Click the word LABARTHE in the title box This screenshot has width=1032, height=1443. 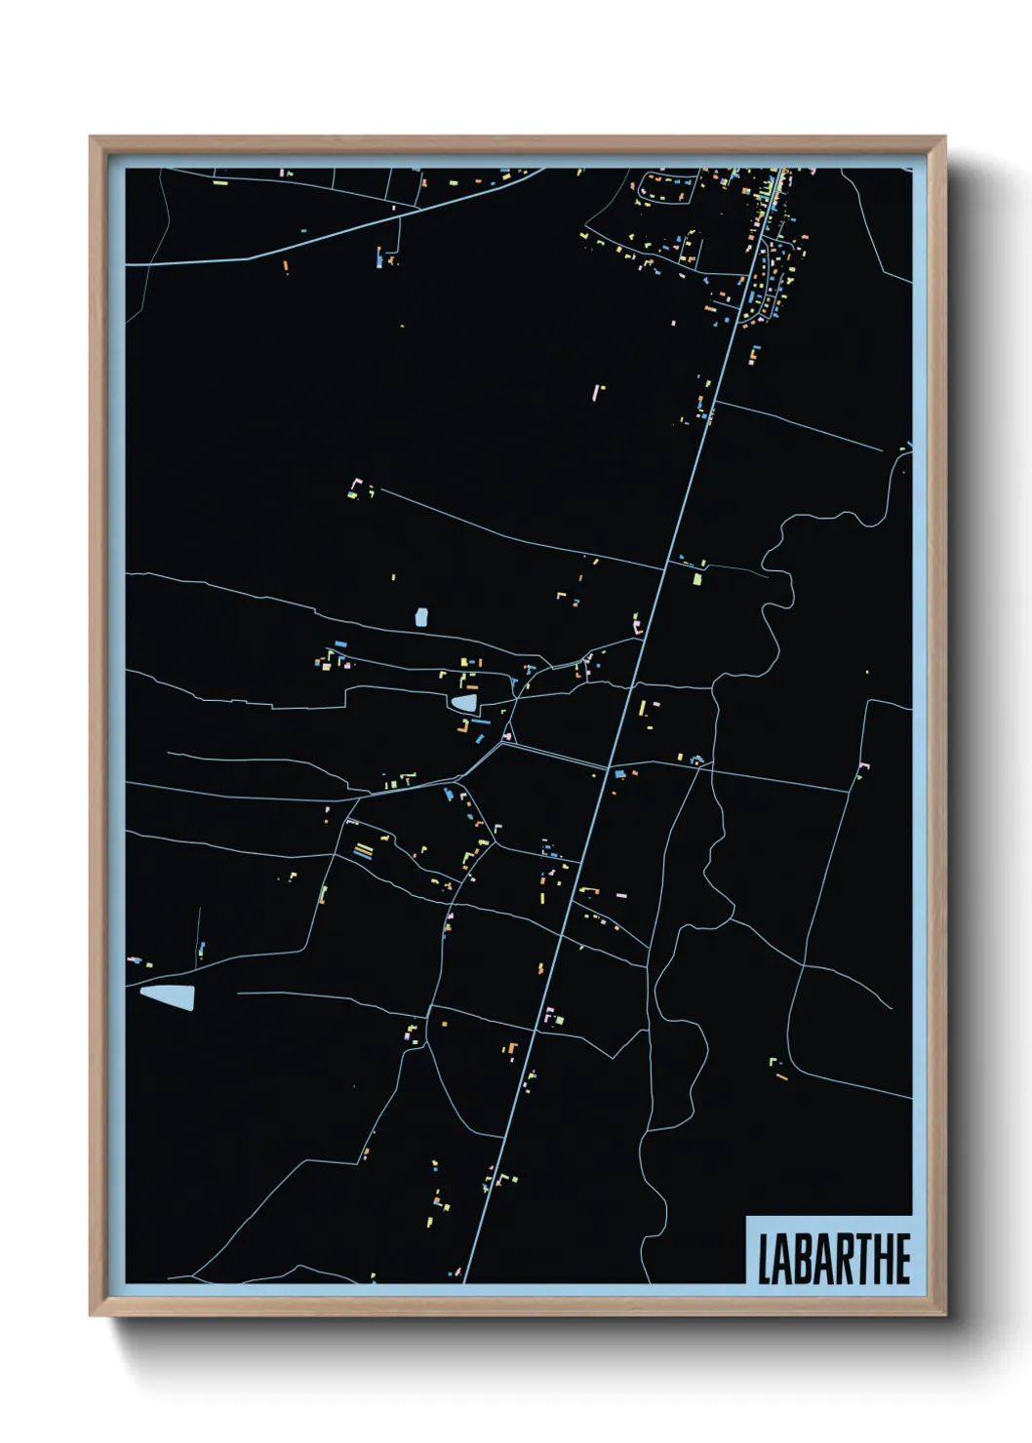(834, 1259)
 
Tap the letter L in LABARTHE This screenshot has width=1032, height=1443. (766, 1260)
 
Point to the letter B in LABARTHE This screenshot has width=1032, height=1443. (804, 1260)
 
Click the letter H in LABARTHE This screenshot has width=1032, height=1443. (883, 1260)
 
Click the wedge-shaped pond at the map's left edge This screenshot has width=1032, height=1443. (169, 995)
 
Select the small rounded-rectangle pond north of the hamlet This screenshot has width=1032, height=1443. (421, 617)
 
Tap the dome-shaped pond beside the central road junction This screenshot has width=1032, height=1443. (463, 702)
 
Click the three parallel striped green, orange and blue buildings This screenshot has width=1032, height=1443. (363, 850)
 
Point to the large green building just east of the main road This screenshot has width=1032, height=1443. (697, 579)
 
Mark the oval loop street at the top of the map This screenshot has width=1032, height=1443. (666, 187)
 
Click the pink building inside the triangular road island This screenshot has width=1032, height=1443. (508, 733)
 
